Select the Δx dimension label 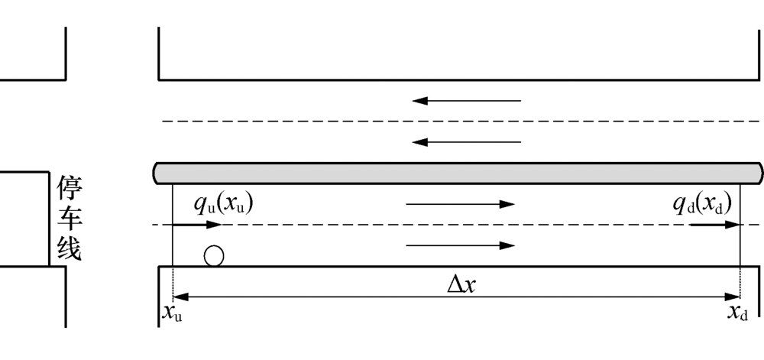click(464, 284)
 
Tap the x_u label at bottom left click(169, 312)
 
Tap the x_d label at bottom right click(736, 312)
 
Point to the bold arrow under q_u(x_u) click(197, 225)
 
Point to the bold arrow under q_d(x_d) click(715, 225)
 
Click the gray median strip click(458, 173)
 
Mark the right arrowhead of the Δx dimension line click(735, 297)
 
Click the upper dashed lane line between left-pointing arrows click(458, 121)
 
